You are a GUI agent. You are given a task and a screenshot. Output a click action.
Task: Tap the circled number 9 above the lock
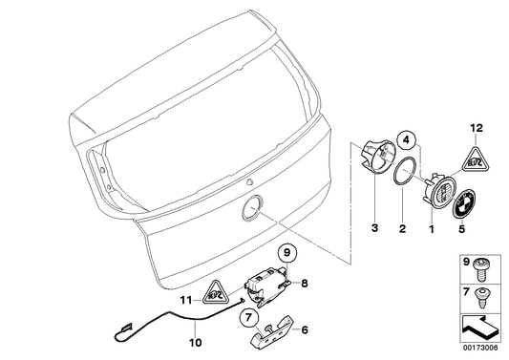[285, 254]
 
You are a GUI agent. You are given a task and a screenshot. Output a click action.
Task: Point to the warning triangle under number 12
[475, 160]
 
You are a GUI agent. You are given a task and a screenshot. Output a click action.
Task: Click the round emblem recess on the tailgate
[256, 207]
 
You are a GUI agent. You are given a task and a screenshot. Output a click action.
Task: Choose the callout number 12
[475, 127]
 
